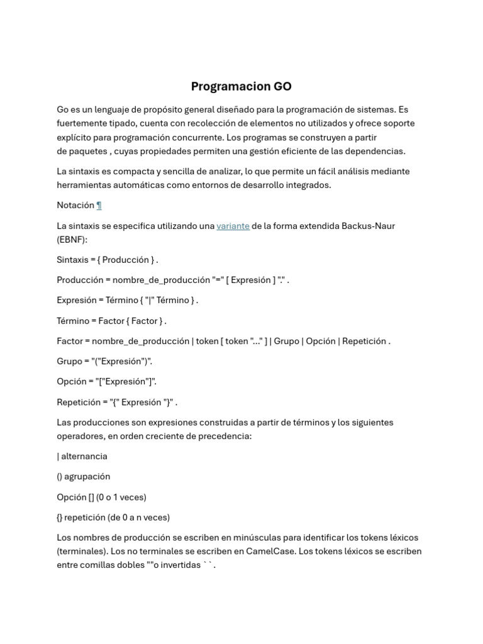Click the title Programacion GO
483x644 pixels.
[241, 87]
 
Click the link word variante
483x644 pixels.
[233, 226]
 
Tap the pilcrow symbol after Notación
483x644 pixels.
[99, 206]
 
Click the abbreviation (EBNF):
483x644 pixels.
[72, 240]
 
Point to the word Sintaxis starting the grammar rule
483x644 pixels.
[72, 260]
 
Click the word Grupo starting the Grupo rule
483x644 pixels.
[69, 362]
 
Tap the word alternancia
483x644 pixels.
[84, 457]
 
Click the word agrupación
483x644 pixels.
[87, 477]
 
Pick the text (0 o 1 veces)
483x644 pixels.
[121, 497]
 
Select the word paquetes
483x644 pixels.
[88, 151]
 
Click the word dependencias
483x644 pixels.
[375, 151]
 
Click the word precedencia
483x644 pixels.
[223, 436]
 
